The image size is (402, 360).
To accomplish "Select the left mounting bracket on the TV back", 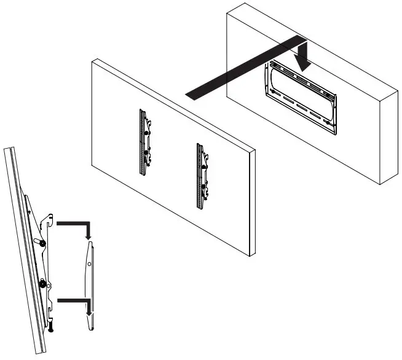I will click(x=145, y=142).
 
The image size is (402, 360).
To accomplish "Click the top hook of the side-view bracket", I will click(x=49, y=216).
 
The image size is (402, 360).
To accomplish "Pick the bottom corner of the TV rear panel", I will click(x=248, y=256).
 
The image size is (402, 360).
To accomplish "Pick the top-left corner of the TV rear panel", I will click(x=92, y=60).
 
